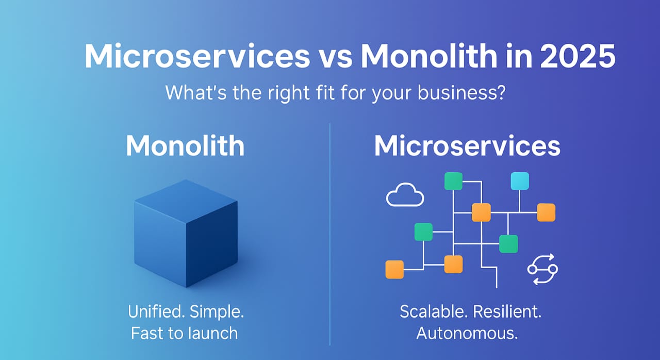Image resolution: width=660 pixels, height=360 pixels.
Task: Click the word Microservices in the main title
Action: tap(197, 57)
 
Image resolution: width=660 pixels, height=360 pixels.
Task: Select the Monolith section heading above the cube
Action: tap(185, 146)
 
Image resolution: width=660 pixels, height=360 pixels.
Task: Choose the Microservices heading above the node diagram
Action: tap(467, 146)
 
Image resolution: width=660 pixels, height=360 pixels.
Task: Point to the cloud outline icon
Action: tap(405, 197)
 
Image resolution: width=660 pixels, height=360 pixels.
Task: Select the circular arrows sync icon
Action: tap(542, 269)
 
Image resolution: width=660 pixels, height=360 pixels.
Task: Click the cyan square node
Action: tap(520, 181)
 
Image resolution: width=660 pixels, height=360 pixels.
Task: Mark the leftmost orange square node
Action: tap(394, 269)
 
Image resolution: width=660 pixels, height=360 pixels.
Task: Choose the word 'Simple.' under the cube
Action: tap(217, 312)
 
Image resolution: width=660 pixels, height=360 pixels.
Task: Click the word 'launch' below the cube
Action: tap(213, 333)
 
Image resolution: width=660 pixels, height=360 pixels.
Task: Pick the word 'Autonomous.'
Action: tap(467, 333)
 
